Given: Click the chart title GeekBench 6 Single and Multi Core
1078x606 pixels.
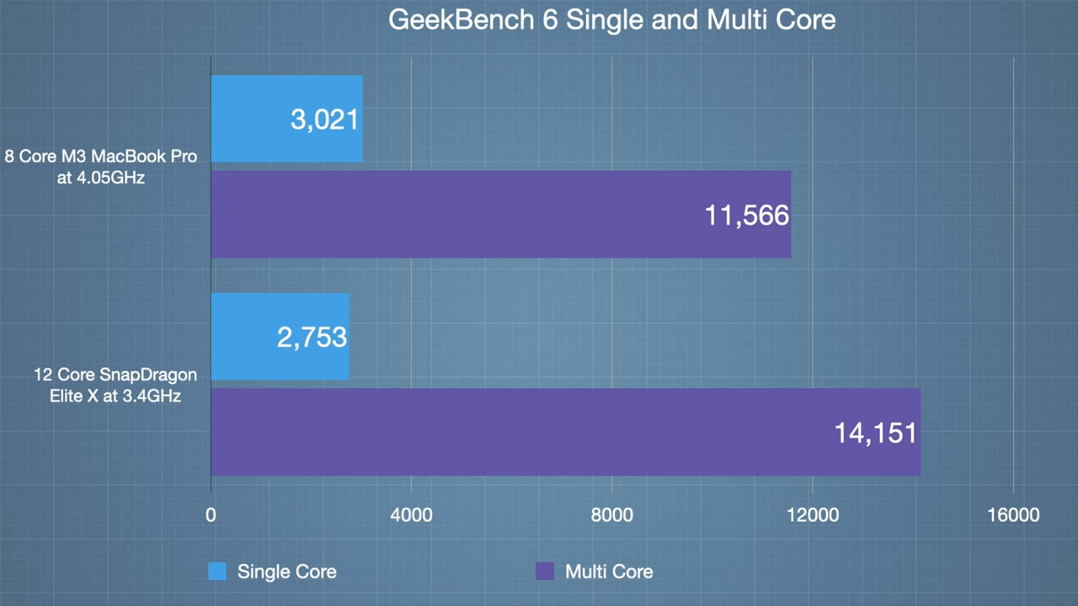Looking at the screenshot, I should (611, 20).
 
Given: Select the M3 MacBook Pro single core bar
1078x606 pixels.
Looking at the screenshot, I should (253, 119).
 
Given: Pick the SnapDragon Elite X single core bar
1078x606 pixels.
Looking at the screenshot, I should (244, 337).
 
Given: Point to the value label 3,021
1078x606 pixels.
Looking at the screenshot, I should (325, 119).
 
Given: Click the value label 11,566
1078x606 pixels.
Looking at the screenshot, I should (746, 215).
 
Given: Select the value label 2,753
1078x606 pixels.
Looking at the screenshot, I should (312, 338).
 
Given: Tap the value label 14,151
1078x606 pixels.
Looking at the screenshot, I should (875, 433).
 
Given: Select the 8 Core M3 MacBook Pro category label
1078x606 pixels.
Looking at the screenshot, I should (101, 167).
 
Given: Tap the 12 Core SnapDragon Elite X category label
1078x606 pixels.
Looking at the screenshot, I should (115, 385).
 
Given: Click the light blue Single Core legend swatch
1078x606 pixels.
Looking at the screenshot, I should (217, 571).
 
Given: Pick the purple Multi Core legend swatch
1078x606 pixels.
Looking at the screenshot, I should (545, 571).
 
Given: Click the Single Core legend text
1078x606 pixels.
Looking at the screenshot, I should (286, 571).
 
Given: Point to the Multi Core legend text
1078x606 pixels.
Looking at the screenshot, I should (609, 571).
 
